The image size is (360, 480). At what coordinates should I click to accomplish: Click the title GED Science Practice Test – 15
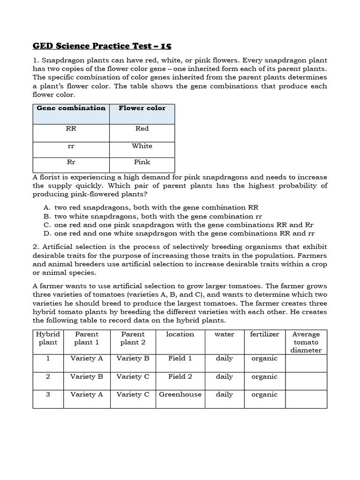coord(102,46)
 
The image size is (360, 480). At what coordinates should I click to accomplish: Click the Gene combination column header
coord(71,108)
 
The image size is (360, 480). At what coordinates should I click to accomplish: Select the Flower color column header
coord(142,108)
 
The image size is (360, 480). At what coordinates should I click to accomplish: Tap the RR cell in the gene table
coord(71,128)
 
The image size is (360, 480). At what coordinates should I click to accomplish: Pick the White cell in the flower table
coord(142,146)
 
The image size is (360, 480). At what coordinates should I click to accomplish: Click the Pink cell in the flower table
coord(142,162)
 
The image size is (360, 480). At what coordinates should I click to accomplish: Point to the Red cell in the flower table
coord(142,128)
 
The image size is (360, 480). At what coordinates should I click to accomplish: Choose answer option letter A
coord(46,207)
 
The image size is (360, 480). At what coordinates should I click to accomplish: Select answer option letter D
coord(46,233)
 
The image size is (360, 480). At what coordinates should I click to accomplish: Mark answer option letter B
coord(46,216)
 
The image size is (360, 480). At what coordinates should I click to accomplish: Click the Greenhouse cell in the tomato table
coord(180,394)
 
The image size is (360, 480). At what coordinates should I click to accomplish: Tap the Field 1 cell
coord(180,358)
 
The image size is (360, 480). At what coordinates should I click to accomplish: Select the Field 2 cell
coord(180,376)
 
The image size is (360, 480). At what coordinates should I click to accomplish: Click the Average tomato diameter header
coord(306,342)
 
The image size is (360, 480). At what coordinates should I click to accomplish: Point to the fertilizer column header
coord(264,334)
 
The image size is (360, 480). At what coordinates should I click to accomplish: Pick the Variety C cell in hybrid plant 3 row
coord(133,394)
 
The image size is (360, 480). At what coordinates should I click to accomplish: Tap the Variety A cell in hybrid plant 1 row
coord(87,358)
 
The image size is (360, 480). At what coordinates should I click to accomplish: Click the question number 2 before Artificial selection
coord(35,247)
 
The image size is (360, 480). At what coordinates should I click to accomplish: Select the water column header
coord(224,334)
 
